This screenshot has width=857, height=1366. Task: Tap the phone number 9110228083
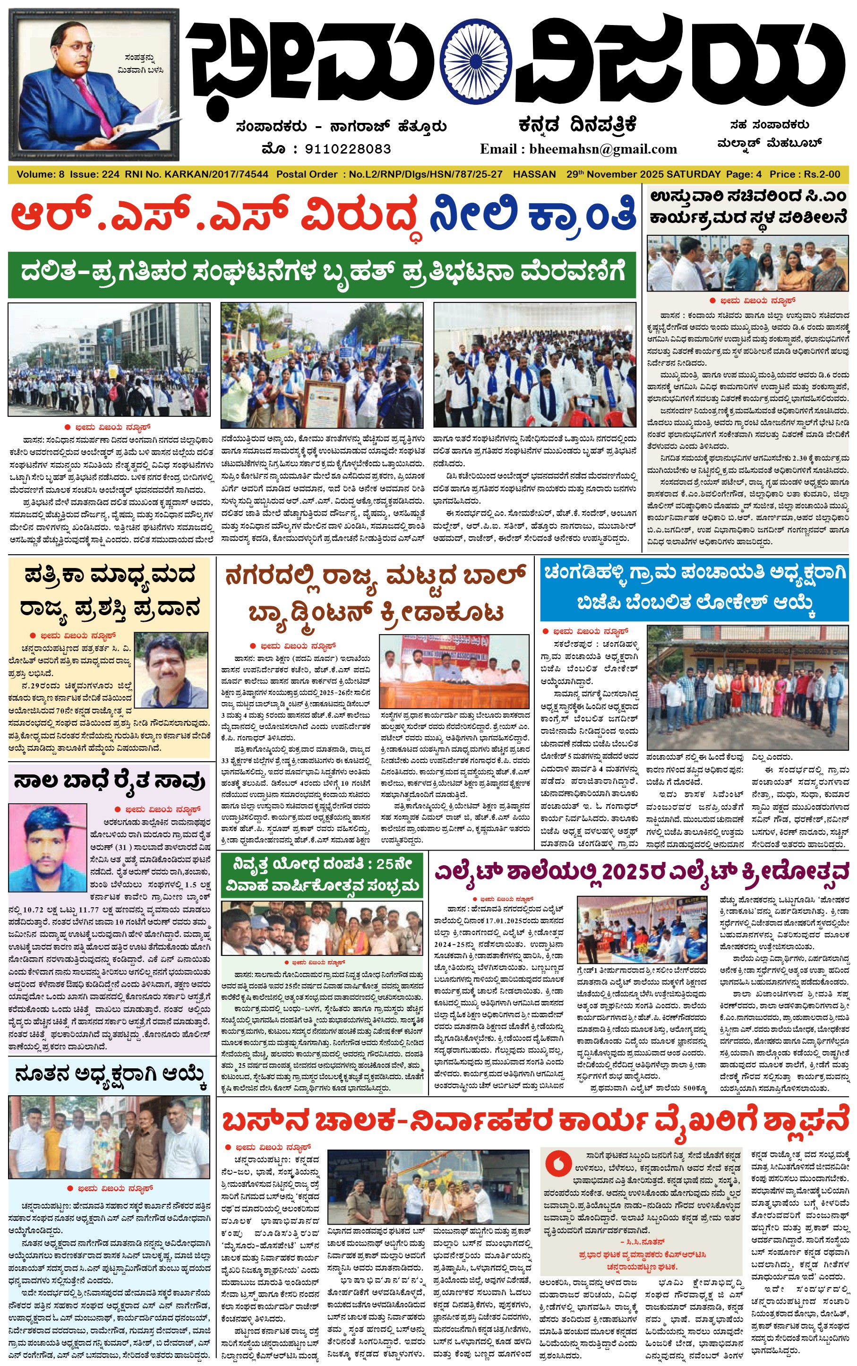tap(347, 149)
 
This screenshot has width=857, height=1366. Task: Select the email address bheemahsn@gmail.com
tap(603, 149)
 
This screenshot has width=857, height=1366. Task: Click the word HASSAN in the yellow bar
tap(534, 174)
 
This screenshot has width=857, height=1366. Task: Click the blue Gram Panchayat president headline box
tap(694, 590)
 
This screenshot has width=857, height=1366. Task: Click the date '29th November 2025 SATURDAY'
tap(643, 174)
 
